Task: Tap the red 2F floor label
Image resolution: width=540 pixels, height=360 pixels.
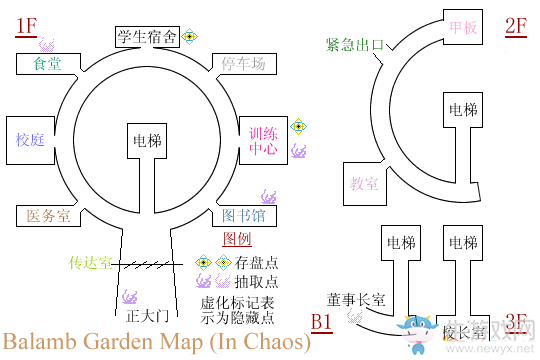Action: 516,27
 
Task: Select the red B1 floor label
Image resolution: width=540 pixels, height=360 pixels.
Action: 321,322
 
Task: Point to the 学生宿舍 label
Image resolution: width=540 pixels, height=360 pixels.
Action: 147,38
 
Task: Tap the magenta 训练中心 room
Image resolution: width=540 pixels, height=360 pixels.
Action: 263,140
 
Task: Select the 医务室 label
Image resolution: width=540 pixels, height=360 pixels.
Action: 47,215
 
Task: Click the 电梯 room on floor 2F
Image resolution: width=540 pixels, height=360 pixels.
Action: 463,110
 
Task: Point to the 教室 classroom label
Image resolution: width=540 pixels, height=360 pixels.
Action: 363,183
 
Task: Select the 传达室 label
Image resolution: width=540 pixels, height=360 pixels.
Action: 90,263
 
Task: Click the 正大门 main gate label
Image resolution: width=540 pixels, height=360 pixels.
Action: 144,314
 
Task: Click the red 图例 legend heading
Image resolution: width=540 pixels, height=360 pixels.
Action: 237,240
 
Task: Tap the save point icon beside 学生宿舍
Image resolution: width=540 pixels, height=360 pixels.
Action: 191,37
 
